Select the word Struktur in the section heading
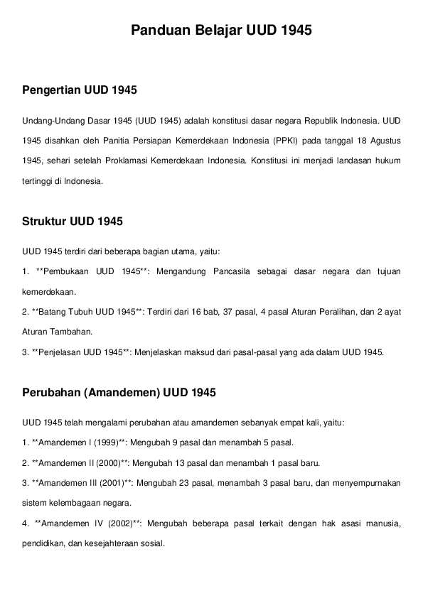[x=45, y=221]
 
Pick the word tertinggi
[x=38, y=181]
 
